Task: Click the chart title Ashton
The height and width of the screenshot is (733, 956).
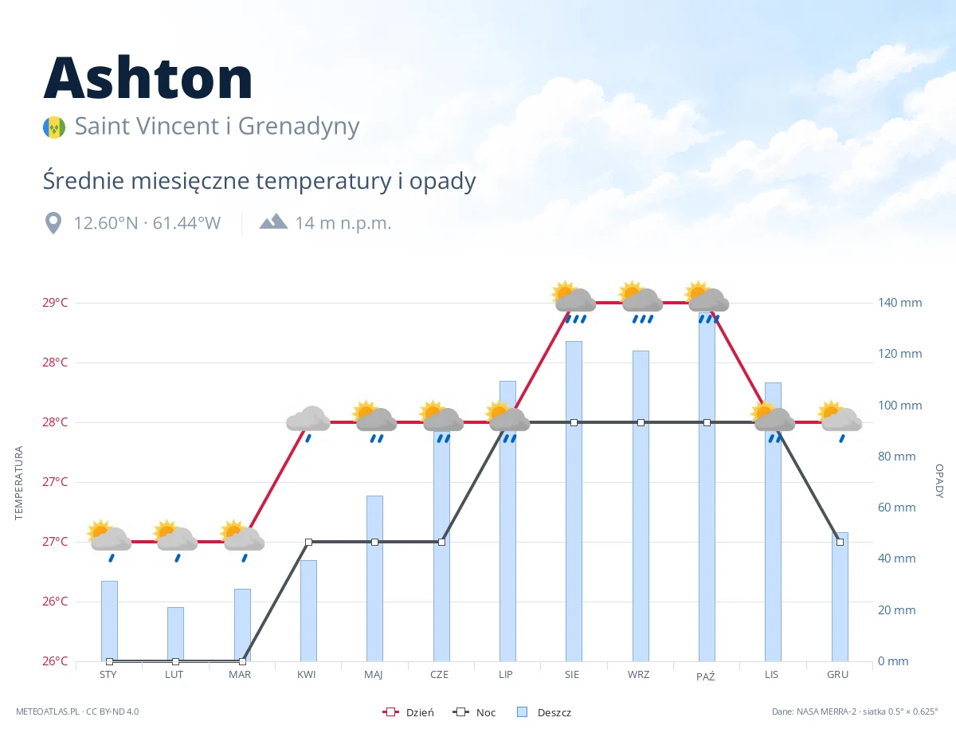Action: coord(148,78)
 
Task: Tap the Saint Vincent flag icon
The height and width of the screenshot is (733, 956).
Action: coord(54,127)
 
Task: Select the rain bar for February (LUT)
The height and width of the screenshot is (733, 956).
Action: coord(175,634)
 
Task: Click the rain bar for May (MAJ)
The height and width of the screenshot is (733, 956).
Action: coord(374,578)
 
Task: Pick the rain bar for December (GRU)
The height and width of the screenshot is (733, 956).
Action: coord(840,597)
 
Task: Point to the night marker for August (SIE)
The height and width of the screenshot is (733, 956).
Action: coord(574,422)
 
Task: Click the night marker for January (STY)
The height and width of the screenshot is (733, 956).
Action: coord(110,661)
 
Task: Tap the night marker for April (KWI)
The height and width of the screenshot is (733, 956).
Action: coord(308,542)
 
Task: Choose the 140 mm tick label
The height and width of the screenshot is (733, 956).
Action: coord(899,303)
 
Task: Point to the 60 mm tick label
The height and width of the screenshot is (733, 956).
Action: coord(896,508)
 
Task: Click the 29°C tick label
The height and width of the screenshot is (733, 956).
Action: coord(55,303)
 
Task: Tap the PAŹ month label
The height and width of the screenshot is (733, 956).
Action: coord(706,676)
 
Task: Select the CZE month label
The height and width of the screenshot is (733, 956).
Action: coord(440,675)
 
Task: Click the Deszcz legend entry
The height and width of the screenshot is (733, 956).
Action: coord(544,712)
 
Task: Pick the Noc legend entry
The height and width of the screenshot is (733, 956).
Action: coord(474,712)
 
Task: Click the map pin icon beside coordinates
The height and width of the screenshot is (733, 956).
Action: coord(53,223)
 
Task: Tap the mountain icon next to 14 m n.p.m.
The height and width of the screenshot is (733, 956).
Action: coord(273,221)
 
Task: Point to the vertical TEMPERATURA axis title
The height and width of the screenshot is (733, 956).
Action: coord(18,483)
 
